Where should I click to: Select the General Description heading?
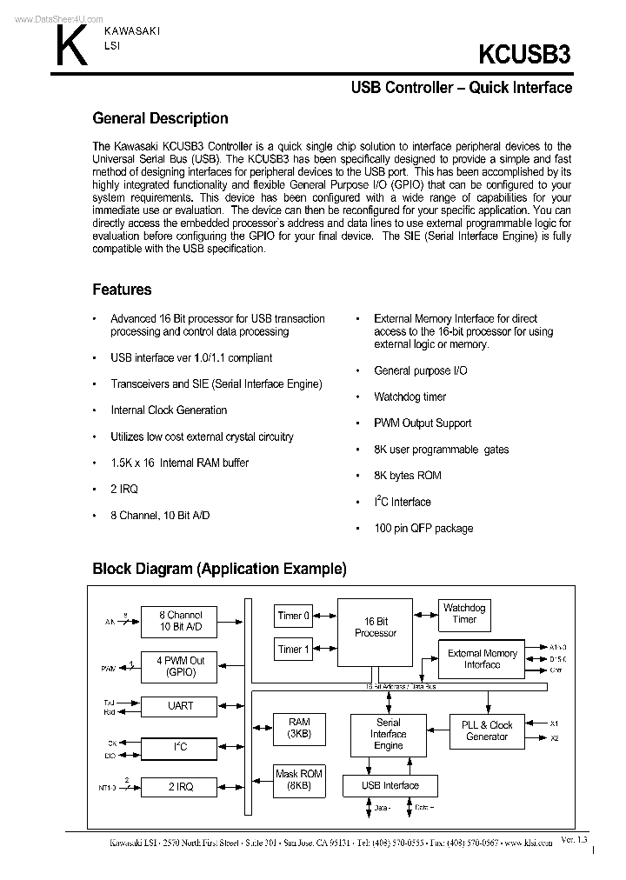[160, 119]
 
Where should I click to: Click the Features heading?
[122, 290]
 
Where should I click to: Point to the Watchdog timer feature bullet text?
[410, 397]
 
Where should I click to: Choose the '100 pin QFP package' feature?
[423, 529]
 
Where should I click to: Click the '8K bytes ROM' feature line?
[407, 476]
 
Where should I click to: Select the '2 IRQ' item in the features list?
[124, 489]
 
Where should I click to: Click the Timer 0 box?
[294, 617]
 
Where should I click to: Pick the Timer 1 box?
[294, 650]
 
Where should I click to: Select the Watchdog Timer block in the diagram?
[464, 613]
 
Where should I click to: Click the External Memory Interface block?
[482, 659]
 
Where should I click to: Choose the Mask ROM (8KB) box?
[298, 779]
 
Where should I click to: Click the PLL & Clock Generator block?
[487, 731]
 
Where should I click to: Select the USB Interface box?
[390, 786]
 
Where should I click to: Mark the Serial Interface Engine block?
[388, 735]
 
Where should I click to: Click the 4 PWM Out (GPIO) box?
[180, 667]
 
